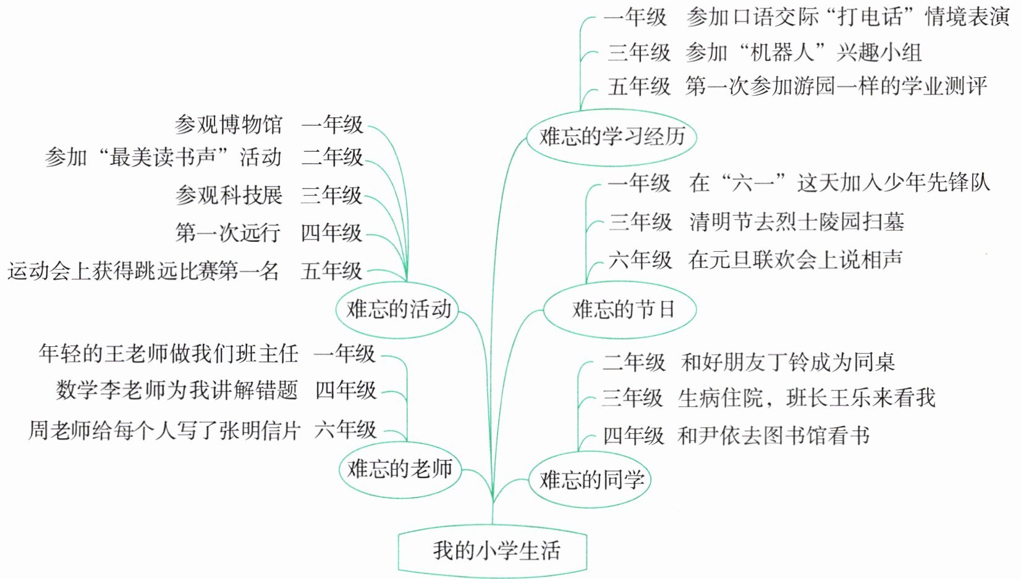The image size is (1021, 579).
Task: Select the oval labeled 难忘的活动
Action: [x=397, y=309]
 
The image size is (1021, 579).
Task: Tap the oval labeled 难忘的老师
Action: [x=400, y=469]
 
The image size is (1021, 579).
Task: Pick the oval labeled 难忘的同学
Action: [x=590, y=480]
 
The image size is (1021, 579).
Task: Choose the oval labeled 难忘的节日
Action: [x=620, y=309]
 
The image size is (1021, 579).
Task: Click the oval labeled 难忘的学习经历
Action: [x=611, y=136]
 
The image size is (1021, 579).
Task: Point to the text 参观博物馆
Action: [x=228, y=125]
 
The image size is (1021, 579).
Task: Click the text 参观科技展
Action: [x=228, y=195]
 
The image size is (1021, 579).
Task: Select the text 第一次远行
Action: [x=228, y=233]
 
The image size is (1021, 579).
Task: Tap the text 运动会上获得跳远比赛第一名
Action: [x=143, y=271]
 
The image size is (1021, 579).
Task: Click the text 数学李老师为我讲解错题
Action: [x=177, y=390]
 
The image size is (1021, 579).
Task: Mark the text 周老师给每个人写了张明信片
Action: [x=164, y=430]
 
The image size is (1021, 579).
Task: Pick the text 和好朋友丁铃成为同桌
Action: [x=788, y=362]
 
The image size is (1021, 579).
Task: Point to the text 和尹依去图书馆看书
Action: [x=774, y=436]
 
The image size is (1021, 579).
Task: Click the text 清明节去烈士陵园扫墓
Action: [x=797, y=222]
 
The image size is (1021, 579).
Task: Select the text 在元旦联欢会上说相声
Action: [x=795, y=260]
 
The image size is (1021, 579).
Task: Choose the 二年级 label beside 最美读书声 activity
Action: [x=332, y=157]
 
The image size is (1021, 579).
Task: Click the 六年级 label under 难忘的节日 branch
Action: [x=640, y=260]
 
